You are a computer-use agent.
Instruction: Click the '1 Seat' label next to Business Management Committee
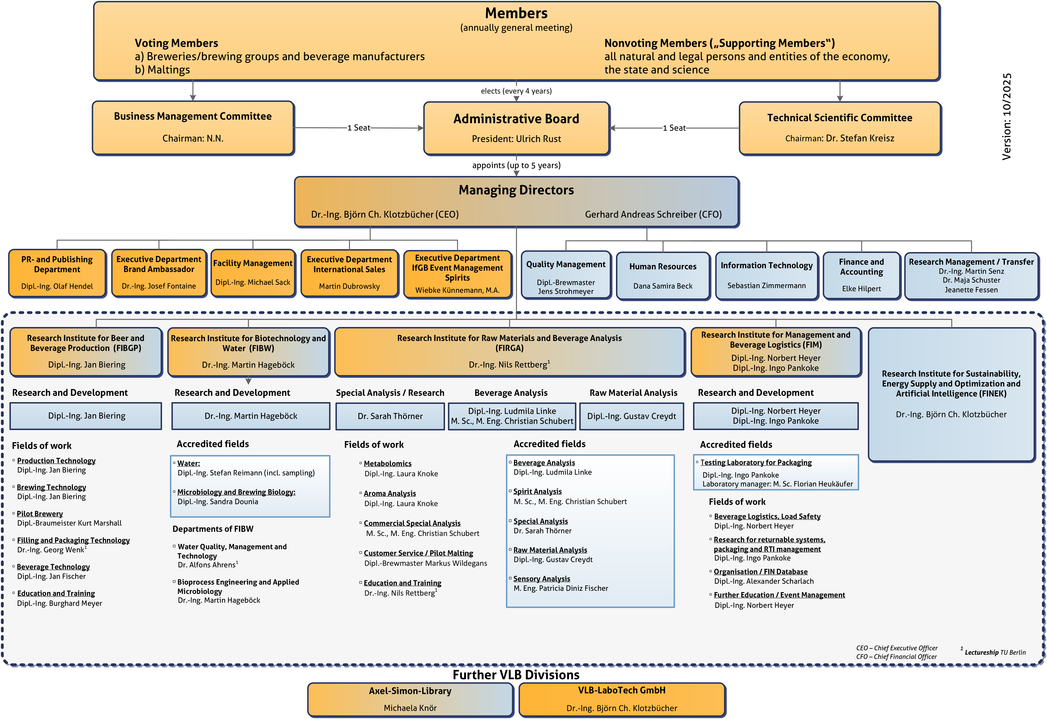coord(359,128)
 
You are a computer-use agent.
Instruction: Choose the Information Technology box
coord(766,275)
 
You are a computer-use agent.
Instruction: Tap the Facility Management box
coord(253,273)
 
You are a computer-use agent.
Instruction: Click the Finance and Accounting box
coord(861,275)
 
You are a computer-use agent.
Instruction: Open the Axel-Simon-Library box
coord(410,699)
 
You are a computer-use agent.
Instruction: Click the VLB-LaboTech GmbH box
coord(622,699)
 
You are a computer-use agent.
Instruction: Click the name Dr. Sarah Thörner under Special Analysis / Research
coord(390,416)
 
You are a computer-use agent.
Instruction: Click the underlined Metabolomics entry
coord(388,463)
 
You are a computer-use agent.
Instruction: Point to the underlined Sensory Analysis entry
coord(542,579)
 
